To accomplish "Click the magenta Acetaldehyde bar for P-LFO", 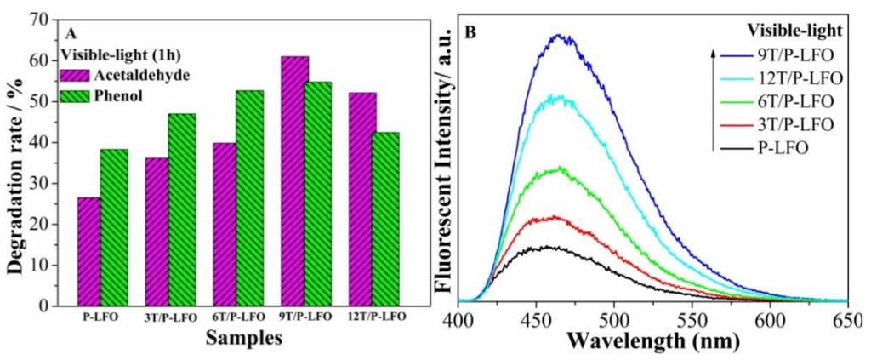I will coord(88,251).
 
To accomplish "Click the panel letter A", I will coord(72,31).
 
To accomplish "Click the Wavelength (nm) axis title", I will coord(653,342).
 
